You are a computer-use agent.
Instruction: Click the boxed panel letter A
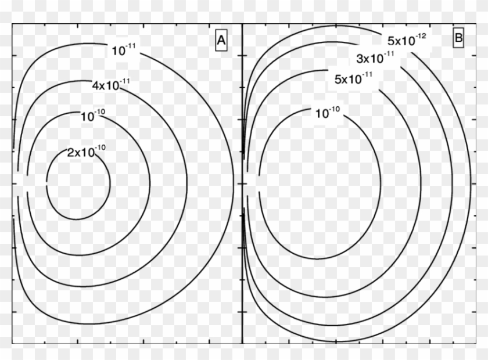(x=221, y=41)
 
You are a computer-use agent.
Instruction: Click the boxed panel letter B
(x=458, y=39)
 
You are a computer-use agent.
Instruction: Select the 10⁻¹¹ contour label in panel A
(x=124, y=51)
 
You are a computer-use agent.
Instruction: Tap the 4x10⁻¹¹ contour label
(x=110, y=85)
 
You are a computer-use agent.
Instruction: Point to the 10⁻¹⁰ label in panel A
(x=94, y=116)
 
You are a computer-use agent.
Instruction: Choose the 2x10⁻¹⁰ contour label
(x=87, y=152)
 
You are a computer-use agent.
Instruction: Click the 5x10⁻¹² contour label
(x=407, y=41)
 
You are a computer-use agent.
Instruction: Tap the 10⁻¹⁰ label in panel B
(x=328, y=113)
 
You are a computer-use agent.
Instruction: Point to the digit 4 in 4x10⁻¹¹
(x=95, y=87)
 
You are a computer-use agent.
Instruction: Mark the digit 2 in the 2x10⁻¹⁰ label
(x=71, y=153)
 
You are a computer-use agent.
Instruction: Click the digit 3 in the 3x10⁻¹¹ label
(x=359, y=59)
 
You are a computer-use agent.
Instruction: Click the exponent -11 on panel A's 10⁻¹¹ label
(x=131, y=47)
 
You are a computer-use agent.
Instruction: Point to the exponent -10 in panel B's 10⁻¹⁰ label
(x=336, y=110)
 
